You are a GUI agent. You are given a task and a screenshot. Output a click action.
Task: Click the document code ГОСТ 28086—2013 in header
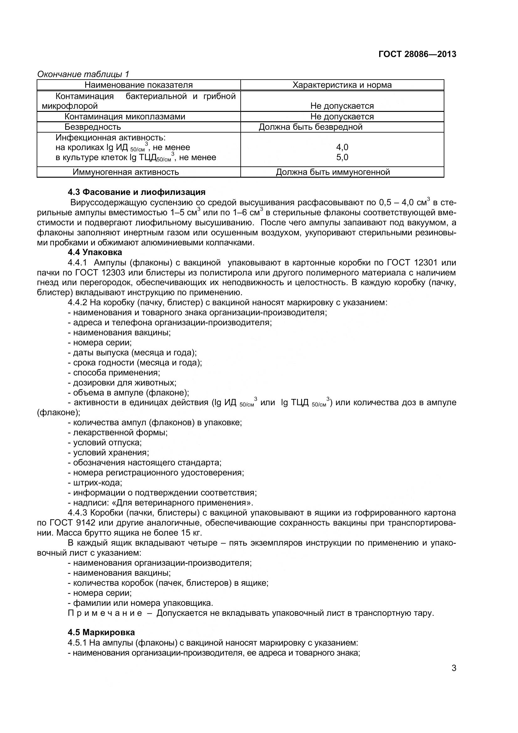(417, 54)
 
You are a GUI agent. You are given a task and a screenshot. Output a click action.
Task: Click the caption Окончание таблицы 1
(83, 74)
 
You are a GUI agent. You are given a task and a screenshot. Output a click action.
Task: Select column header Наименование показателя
(139, 85)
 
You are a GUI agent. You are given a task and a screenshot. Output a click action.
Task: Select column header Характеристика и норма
(342, 85)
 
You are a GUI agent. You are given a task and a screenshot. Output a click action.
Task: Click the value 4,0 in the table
(342, 147)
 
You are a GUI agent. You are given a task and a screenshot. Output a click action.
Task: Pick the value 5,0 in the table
(342, 157)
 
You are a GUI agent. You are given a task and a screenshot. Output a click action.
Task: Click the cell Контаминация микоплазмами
(125, 117)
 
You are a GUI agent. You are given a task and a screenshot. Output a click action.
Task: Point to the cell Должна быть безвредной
(310, 127)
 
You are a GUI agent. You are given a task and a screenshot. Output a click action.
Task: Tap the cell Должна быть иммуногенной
(332, 172)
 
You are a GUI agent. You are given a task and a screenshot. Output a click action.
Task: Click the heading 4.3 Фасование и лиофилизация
(136, 192)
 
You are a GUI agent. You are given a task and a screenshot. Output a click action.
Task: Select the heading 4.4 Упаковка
(94, 252)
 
